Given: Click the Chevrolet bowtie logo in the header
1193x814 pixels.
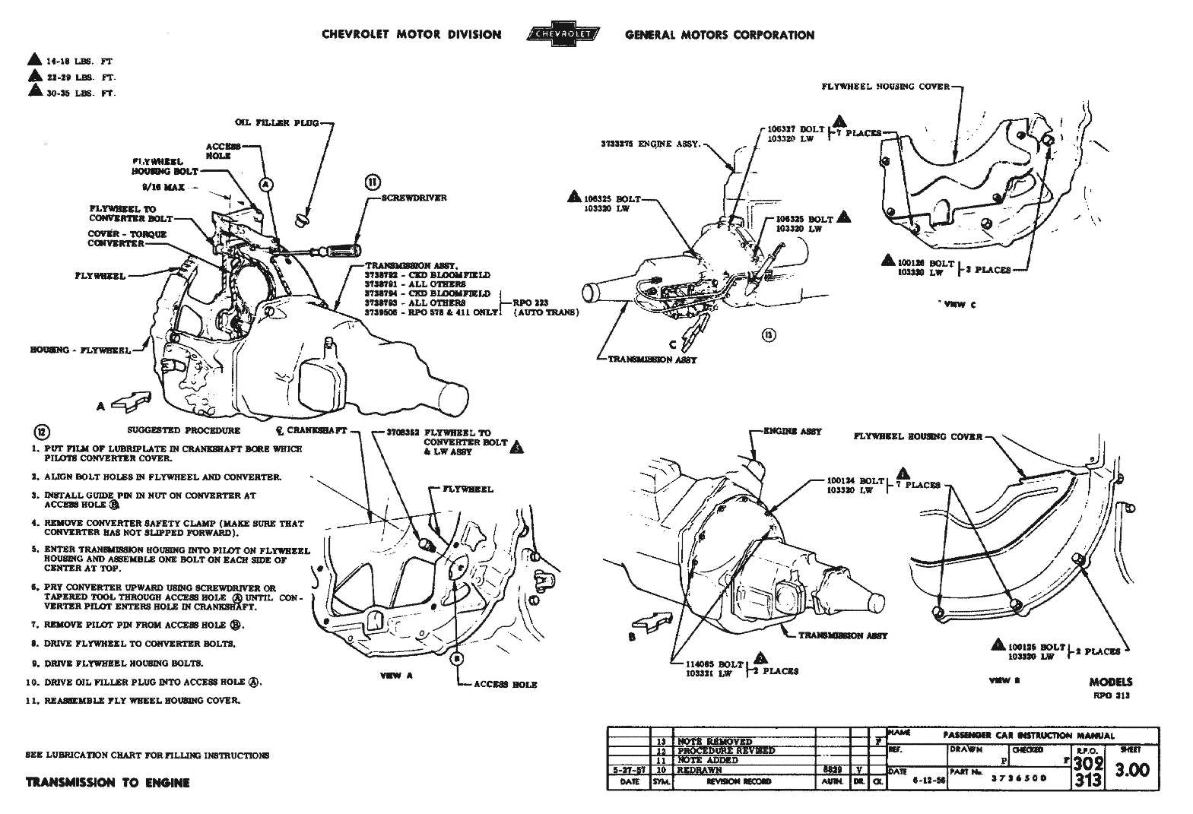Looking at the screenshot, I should tap(563, 35).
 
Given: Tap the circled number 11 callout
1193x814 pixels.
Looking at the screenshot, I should tap(373, 182).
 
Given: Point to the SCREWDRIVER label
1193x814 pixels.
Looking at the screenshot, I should tap(414, 198).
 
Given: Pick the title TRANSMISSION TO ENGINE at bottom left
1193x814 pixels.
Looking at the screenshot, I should tap(107, 782).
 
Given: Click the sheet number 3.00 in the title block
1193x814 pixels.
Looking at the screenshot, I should tap(1131, 771).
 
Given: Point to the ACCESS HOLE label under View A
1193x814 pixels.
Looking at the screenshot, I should tap(505, 684).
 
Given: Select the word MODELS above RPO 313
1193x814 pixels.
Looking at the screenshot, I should tap(1110, 682).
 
